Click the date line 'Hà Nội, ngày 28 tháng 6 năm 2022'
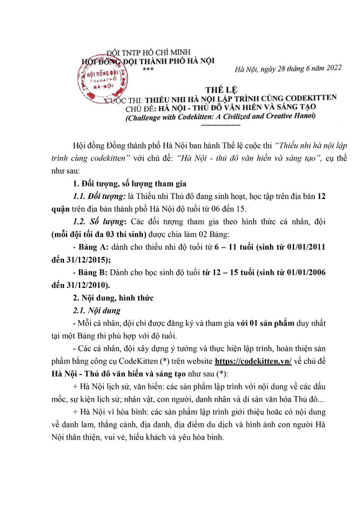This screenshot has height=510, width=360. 280,68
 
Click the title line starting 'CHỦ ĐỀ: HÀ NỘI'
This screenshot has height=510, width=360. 219,108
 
